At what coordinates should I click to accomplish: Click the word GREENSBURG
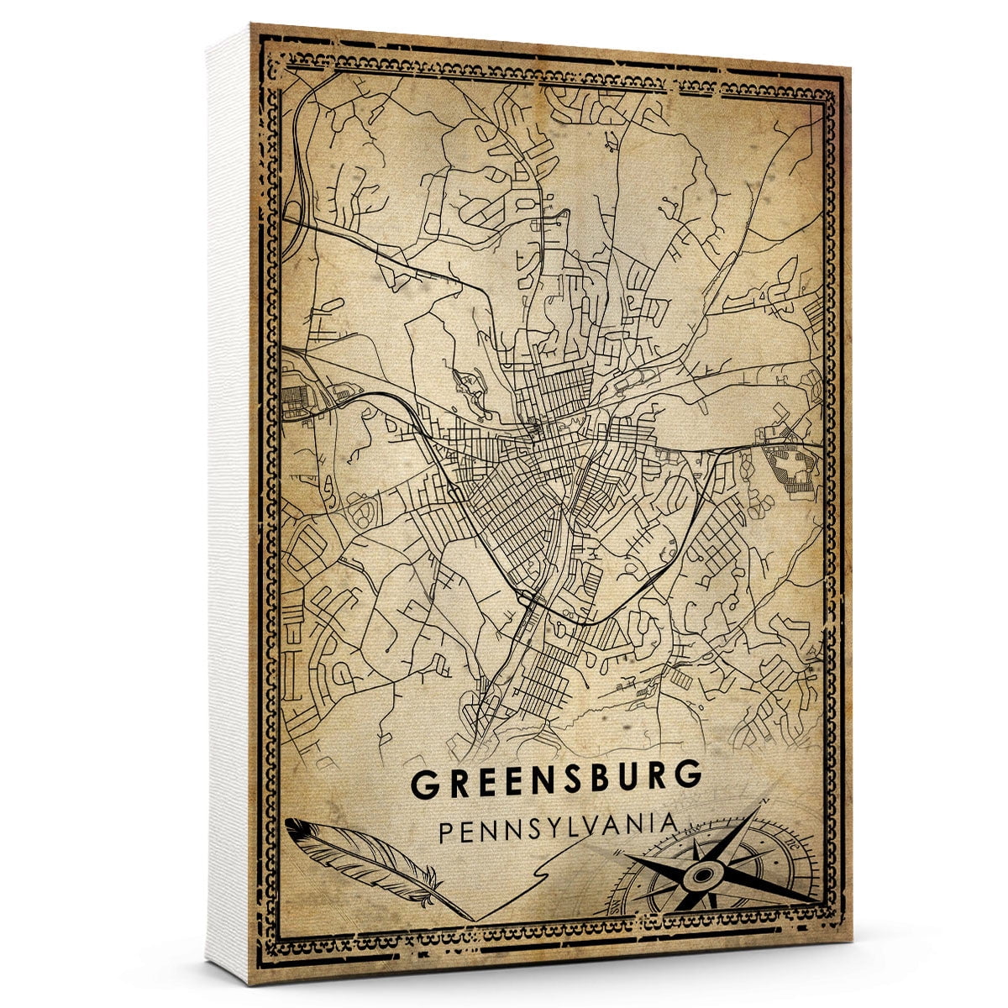tap(555, 780)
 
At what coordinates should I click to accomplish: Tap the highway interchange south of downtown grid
tap(528, 598)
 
